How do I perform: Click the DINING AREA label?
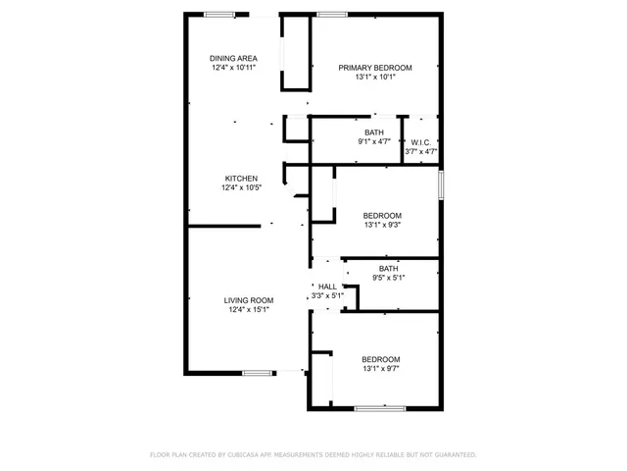click(x=233, y=58)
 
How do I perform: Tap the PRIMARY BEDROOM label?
click(x=375, y=68)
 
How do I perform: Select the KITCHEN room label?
click(x=240, y=179)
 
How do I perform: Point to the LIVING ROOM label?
click(x=249, y=300)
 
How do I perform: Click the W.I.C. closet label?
click(x=420, y=142)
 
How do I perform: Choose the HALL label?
click(x=327, y=287)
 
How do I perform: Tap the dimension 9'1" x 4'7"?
click(x=373, y=142)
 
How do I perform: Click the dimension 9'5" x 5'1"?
click(x=389, y=278)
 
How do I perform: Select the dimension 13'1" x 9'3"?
click(x=382, y=225)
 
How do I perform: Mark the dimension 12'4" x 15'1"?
click(x=249, y=310)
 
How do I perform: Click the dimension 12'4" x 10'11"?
click(x=233, y=68)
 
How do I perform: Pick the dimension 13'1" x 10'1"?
click(x=375, y=78)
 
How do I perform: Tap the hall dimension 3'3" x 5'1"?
click(x=327, y=295)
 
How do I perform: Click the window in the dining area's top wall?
click(x=219, y=14)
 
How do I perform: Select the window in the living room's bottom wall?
click(x=259, y=372)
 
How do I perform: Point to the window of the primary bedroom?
click(x=333, y=14)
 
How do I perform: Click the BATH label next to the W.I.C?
click(x=373, y=132)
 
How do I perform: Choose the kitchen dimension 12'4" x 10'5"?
click(x=240, y=188)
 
